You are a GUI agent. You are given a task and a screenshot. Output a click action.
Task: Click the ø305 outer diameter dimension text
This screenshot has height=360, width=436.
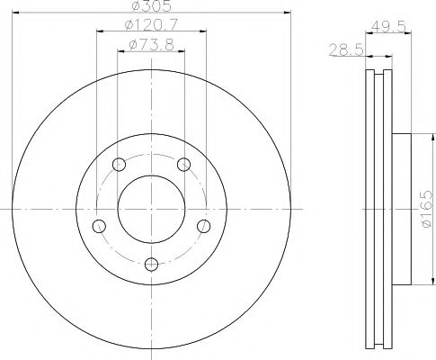tap(150, 6)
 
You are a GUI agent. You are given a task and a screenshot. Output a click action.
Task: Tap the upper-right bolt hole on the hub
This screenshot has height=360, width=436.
tap(184, 164)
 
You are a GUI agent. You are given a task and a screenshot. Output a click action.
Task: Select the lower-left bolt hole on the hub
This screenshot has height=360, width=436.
tap(99, 225)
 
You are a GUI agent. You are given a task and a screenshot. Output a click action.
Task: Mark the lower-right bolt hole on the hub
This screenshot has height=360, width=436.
tap(204, 225)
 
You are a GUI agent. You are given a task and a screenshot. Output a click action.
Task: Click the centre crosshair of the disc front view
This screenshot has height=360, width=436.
tap(151, 208)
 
